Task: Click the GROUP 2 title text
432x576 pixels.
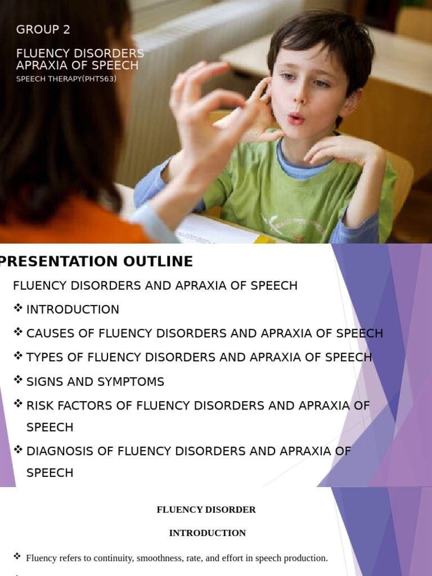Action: (43, 30)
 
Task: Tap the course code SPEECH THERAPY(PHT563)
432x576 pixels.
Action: (66, 79)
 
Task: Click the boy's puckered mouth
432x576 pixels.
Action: (296, 118)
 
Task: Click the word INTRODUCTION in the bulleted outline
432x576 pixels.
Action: (73, 309)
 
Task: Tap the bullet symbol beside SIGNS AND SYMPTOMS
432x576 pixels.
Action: (18, 380)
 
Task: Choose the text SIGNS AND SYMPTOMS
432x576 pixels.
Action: (95, 382)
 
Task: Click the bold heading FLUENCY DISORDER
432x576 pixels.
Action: (206, 510)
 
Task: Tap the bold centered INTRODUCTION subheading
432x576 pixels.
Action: (208, 533)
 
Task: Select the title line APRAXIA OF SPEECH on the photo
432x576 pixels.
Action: (77, 65)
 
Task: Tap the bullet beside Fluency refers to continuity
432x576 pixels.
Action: (17, 556)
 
